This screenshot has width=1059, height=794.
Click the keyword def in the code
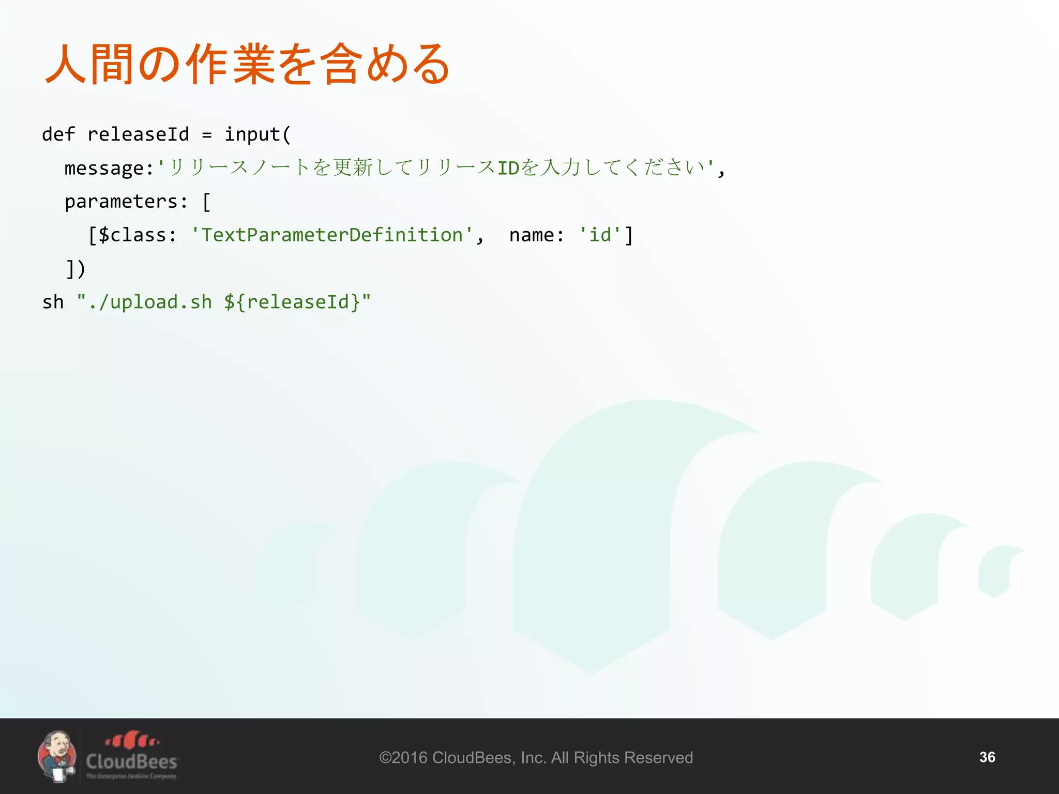point(58,134)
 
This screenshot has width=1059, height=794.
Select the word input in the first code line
point(252,134)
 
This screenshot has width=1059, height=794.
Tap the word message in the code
point(104,168)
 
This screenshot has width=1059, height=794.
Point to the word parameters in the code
point(121,202)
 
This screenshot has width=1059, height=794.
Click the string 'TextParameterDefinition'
point(331,235)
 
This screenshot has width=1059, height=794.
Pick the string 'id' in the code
point(600,235)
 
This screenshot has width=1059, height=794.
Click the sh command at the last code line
point(53,302)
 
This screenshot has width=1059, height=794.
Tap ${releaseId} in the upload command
point(292,302)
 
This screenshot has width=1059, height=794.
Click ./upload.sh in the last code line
point(150,302)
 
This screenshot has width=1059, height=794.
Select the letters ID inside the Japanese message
point(508,168)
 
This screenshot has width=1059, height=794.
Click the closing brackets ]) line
point(75,269)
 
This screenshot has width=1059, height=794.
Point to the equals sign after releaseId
point(207,135)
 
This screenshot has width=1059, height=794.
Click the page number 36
point(987,757)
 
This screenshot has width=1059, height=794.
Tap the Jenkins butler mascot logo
point(57,756)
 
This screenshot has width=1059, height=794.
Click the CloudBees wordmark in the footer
point(131,761)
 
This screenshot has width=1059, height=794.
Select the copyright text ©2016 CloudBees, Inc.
point(536,758)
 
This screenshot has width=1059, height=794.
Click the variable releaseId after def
point(138,134)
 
